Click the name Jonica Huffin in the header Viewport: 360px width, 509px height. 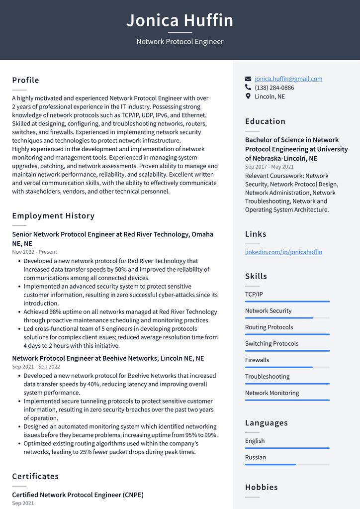[180, 20]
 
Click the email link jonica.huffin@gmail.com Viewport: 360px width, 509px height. [288, 79]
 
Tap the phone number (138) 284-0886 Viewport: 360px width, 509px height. [274, 88]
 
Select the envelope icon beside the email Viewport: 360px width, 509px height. [248, 79]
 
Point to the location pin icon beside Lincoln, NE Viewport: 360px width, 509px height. [248, 96]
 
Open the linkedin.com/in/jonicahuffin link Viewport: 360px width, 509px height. [283, 252]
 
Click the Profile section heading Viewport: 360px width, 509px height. [25, 80]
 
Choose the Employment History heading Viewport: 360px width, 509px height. [53, 215]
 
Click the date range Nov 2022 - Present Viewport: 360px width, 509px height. [34, 252]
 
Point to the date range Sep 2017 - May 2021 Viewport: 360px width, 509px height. [269, 167]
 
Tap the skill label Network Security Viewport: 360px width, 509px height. [268, 310]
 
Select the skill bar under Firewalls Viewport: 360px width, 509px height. [287, 368]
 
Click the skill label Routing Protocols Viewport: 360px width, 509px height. [269, 327]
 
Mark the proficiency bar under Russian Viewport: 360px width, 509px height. [287, 465]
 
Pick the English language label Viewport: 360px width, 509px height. [255, 441]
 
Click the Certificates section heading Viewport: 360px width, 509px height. [35, 476]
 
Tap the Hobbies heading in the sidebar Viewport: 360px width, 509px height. [261, 487]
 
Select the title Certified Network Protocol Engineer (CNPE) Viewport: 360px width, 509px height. [78, 495]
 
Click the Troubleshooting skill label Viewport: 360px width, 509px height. [267, 376]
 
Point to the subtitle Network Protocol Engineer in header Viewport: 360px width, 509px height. [180, 42]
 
